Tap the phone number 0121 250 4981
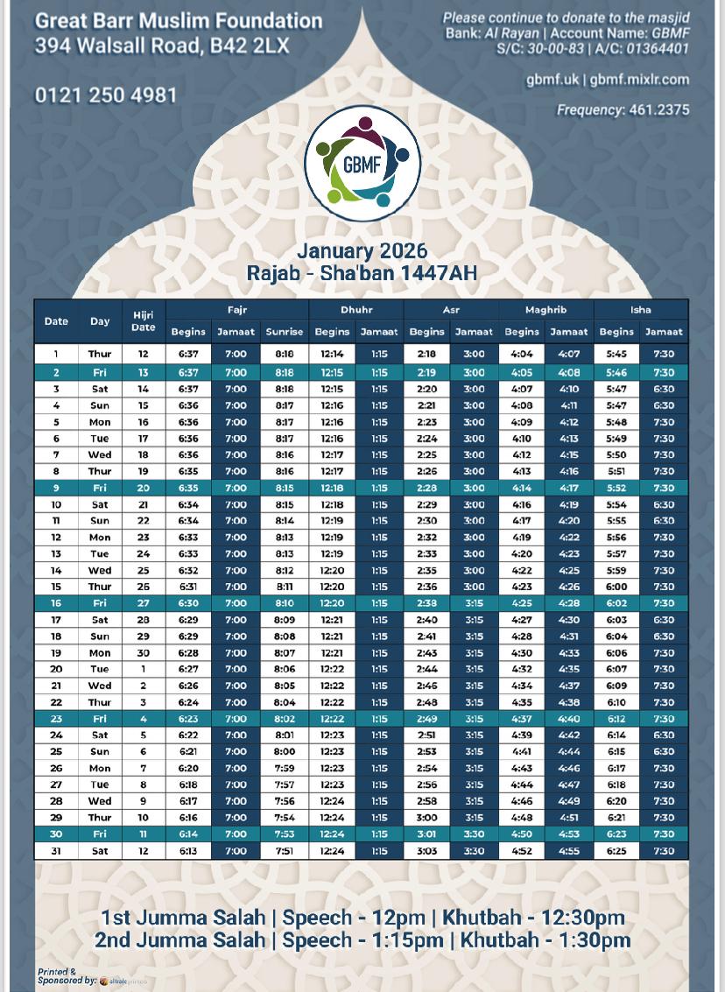[106, 95]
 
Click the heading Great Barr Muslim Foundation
[179, 21]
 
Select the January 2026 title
[362, 251]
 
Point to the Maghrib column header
[546, 310]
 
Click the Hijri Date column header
[143, 321]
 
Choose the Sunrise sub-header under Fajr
[284, 332]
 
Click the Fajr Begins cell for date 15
[188, 587]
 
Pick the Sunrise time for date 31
[284, 851]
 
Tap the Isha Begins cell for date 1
[616, 355]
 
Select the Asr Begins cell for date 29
[426, 818]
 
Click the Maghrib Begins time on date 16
[522, 603]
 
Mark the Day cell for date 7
[100, 455]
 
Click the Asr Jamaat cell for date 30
[474, 834]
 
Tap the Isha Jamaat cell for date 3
[664, 389]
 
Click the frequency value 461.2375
[658, 110]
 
